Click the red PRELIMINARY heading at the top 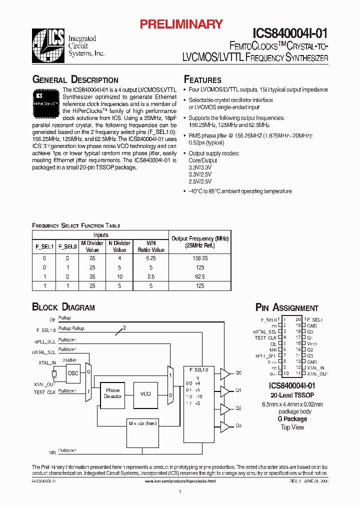180,23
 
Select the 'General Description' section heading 75,80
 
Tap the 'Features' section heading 202,80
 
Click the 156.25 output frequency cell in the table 199,258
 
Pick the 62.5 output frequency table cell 199,276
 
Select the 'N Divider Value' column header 119,246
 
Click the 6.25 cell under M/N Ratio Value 151,258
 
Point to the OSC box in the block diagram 73,373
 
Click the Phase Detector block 112,393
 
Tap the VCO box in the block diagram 145,393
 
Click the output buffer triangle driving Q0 225,373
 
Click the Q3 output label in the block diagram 238,425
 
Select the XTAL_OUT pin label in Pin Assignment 318,373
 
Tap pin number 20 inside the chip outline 298,319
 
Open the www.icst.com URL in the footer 180,480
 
